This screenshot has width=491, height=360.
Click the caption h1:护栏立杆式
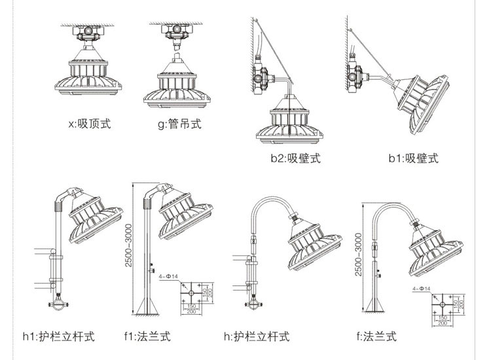point(58,337)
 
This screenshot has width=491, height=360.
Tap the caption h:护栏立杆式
point(256,337)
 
